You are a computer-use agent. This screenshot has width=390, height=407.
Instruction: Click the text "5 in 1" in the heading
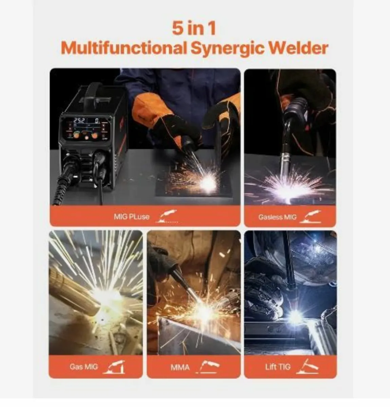[x=194, y=28]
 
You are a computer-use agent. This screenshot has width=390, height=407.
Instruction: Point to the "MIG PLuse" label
[x=131, y=217]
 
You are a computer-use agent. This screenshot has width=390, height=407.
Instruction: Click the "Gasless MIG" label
[x=277, y=217]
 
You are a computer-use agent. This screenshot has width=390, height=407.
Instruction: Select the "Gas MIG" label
[x=83, y=367]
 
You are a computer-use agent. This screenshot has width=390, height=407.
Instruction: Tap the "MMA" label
[x=180, y=367]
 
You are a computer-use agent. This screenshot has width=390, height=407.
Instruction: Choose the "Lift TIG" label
[x=278, y=367]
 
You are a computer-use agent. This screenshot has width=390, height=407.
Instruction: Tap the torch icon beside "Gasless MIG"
[x=312, y=217]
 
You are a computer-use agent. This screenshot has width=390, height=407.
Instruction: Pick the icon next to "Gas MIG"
[x=114, y=367]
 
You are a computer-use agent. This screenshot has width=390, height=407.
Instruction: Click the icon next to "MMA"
[x=209, y=367]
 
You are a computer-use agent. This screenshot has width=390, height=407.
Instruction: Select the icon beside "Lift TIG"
[x=307, y=367]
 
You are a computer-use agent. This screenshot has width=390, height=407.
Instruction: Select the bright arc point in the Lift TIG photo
[x=295, y=317]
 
